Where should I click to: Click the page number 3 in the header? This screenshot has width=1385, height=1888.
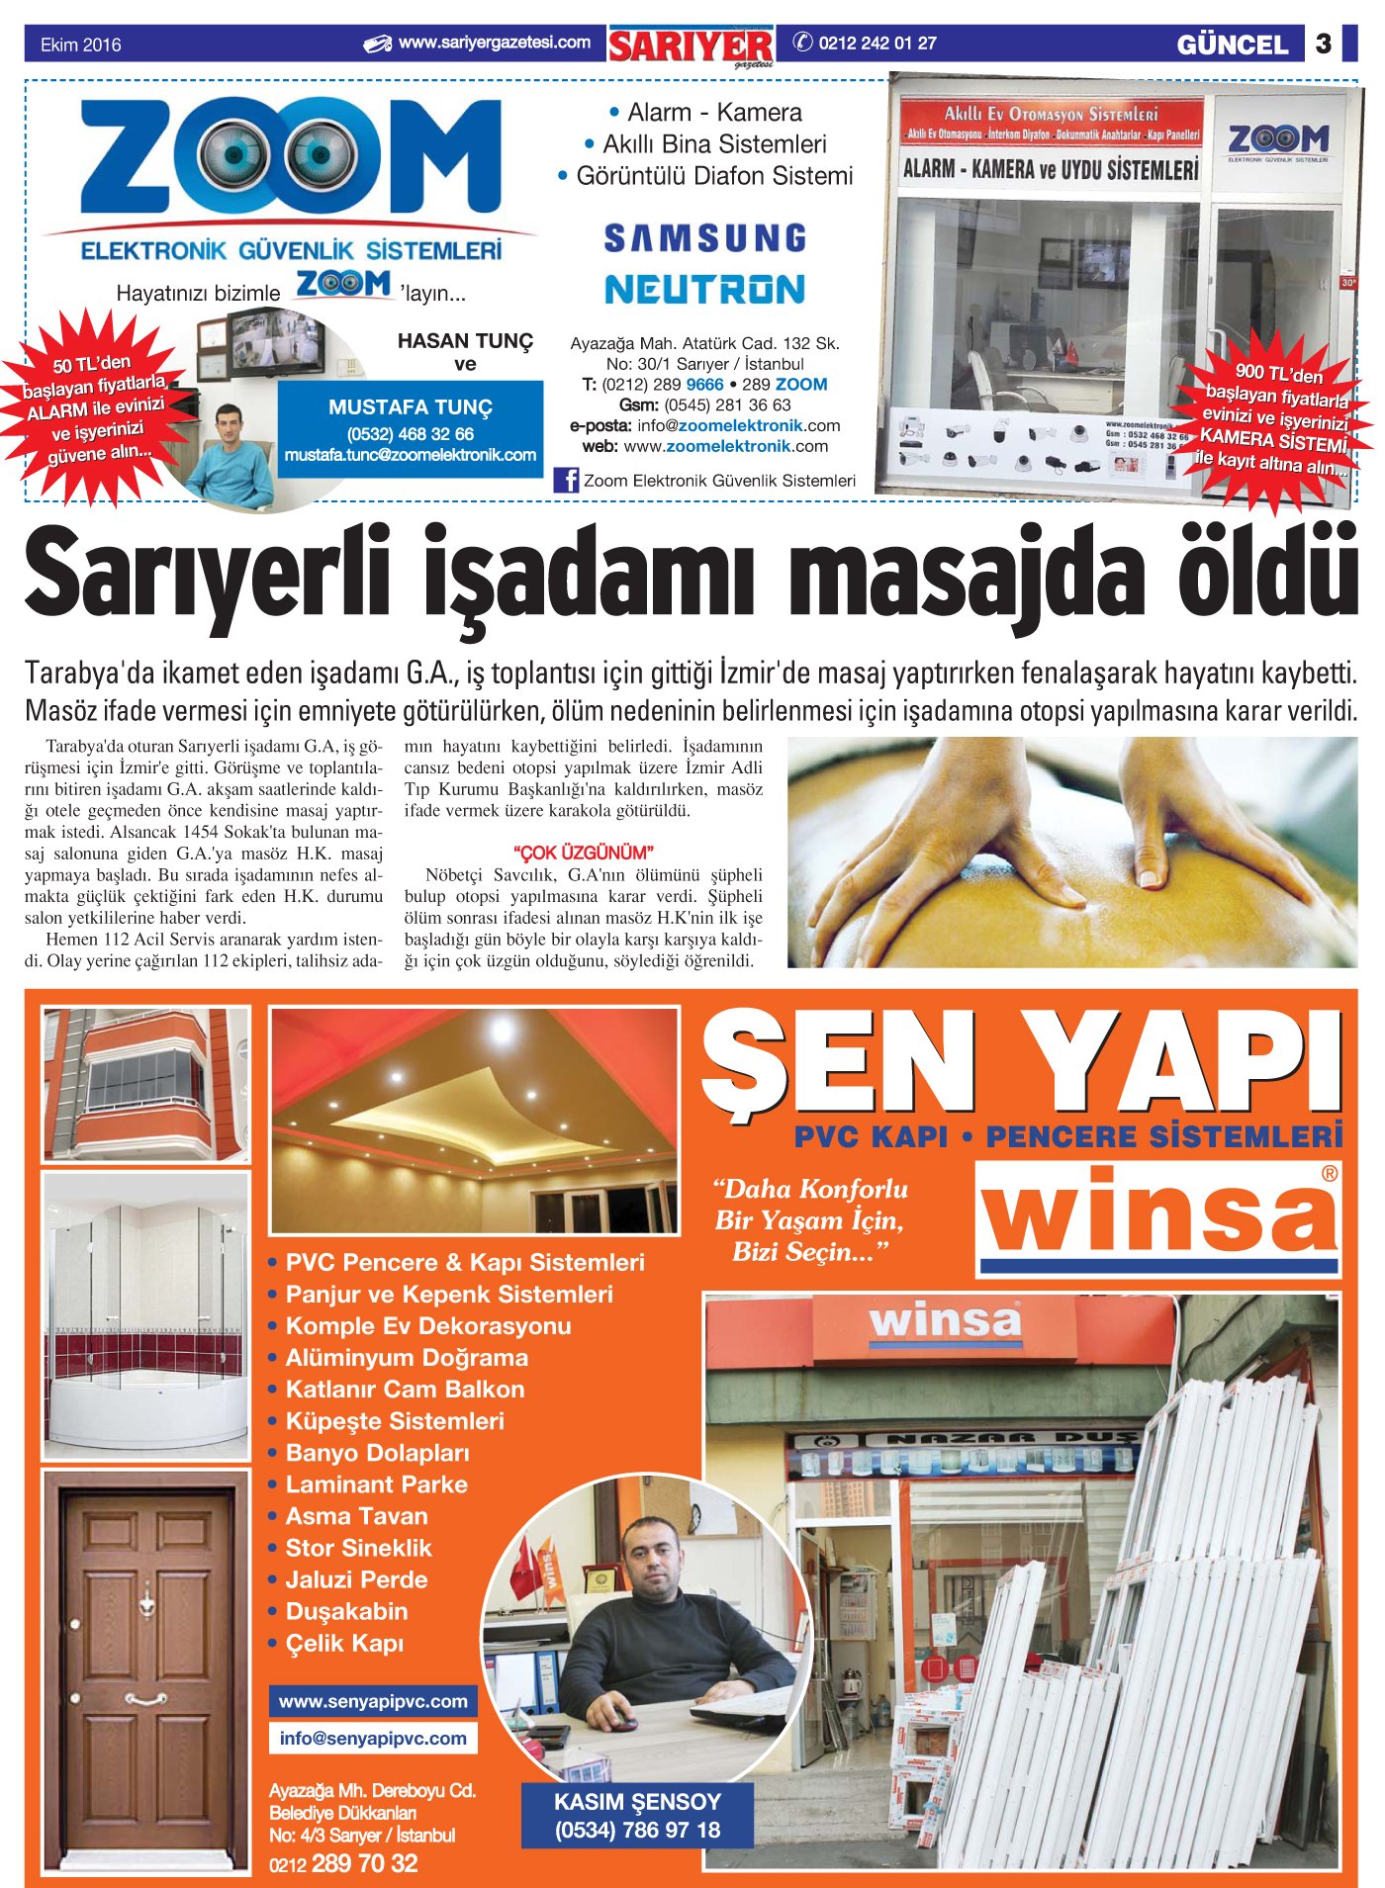click(1323, 44)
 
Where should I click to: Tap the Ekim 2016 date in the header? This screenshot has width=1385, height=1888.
click(80, 45)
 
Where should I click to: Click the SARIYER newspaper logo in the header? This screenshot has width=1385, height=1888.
click(691, 46)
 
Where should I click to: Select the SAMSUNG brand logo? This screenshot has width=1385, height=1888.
click(704, 238)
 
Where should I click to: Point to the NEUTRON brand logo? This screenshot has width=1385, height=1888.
click(704, 289)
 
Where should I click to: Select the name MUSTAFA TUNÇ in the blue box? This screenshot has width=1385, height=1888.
click(410, 407)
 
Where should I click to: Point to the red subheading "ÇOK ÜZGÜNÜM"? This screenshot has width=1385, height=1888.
click(583, 853)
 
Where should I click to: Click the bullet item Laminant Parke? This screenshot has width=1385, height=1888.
click(376, 1483)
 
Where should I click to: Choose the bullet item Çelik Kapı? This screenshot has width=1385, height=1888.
click(344, 1643)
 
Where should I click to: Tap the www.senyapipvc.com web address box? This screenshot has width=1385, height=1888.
click(373, 1701)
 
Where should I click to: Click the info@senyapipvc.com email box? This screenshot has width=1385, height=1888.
click(373, 1738)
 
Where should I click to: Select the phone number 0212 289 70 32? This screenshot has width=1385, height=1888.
click(343, 1863)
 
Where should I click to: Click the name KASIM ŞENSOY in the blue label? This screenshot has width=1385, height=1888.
click(637, 1801)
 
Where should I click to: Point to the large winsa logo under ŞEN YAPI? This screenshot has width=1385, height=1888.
click(1158, 1217)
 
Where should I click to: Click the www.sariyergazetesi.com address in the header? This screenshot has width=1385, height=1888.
click(494, 44)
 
